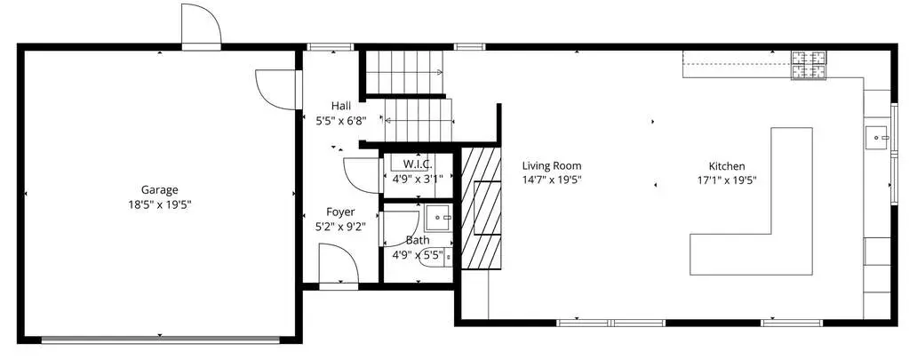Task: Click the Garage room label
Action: click(x=159, y=189)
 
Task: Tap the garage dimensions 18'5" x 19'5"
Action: click(x=159, y=204)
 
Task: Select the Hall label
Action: click(x=341, y=106)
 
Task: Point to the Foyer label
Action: click(x=340, y=212)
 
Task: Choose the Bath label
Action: click(x=418, y=240)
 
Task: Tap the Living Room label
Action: click(x=551, y=166)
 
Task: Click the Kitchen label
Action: click(x=727, y=166)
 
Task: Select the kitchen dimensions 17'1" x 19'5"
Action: click(x=727, y=180)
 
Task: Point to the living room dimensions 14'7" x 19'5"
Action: click(x=551, y=180)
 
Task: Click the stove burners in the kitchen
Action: click(x=809, y=65)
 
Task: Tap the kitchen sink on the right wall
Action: click(x=878, y=138)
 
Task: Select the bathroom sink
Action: click(x=439, y=218)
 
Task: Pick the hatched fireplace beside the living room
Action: click(x=481, y=208)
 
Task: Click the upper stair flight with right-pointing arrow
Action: click(x=404, y=72)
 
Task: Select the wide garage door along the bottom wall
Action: click(x=161, y=340)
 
